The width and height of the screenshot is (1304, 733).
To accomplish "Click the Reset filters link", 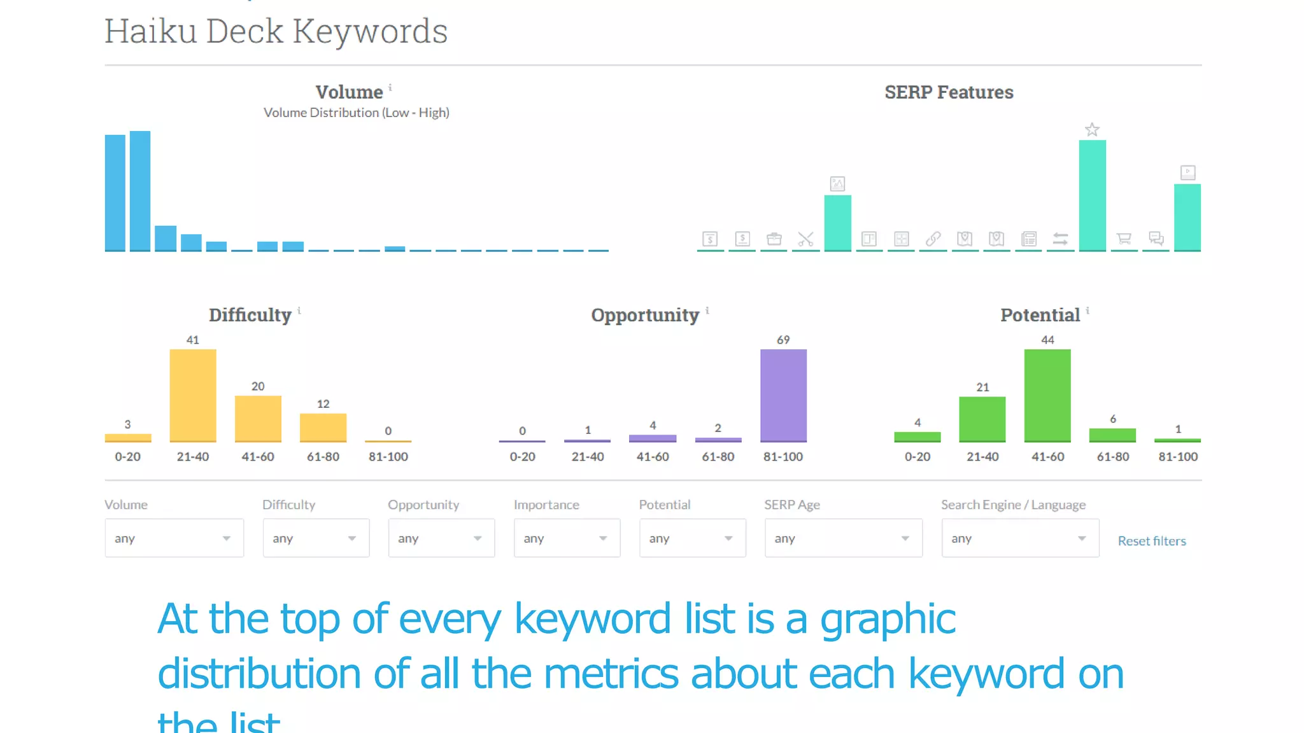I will (1152, 541).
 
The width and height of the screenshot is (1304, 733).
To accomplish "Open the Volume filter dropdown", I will (174, 538).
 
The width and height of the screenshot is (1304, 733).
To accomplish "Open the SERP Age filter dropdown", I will (843, 538).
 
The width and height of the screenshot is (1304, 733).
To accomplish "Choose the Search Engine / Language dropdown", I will (1020, 538).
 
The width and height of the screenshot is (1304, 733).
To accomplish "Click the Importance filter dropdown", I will (567, 538).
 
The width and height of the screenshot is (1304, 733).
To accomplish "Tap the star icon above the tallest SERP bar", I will (1092, 130).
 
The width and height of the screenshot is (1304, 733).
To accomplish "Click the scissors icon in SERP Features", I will (805, 239).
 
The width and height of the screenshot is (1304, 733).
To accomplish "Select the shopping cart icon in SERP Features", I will (1124, 239).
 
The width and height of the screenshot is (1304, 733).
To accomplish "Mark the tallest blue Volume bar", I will (140, 191).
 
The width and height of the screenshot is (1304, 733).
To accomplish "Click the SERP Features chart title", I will (949, 92).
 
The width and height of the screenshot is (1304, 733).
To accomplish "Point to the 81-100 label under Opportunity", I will (783, 457).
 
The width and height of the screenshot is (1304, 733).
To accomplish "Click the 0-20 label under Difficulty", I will (127, 457).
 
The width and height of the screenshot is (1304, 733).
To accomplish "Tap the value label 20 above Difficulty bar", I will (258, 386).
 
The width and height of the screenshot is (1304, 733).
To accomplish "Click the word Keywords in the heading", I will (370, 31).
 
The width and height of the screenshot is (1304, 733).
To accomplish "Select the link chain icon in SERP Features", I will (933, 239).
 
